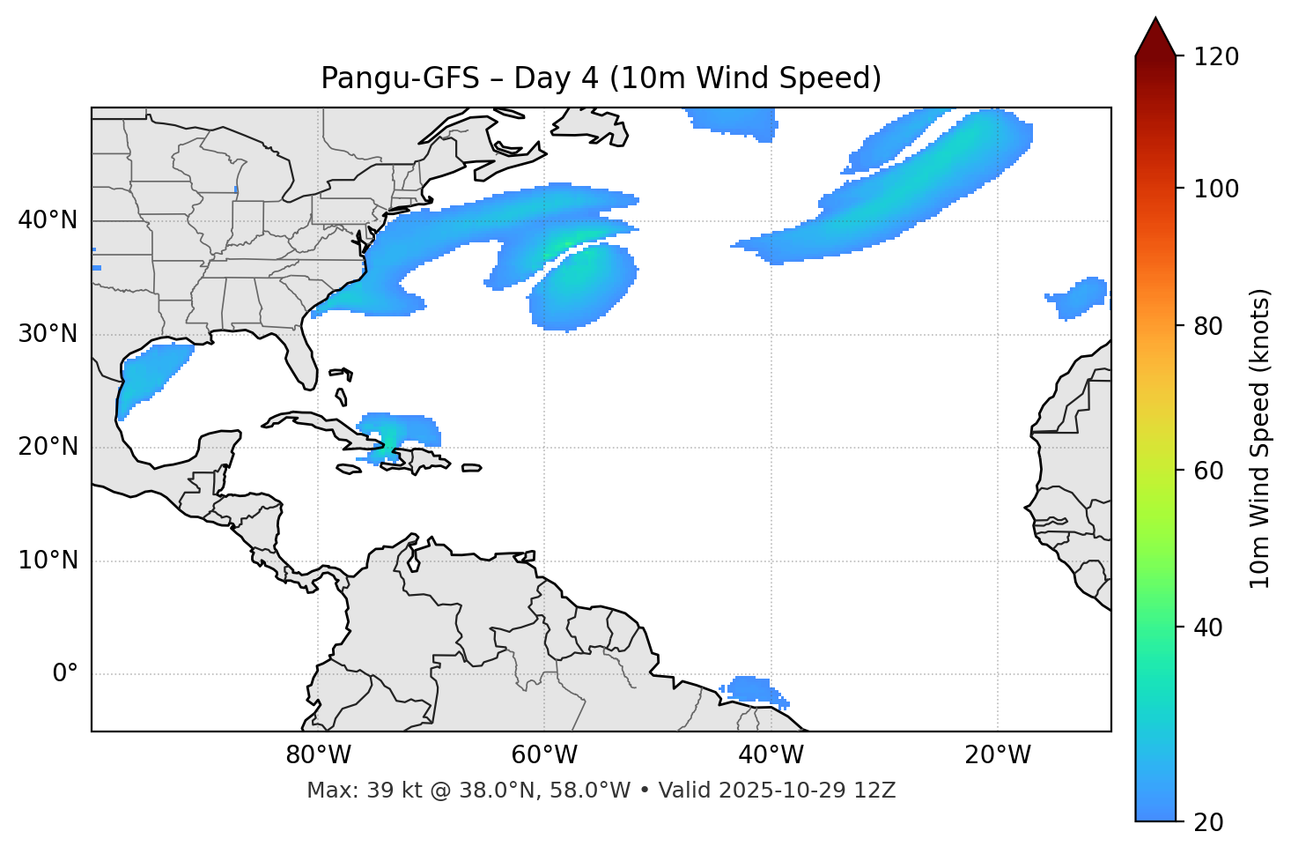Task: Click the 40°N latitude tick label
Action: click(48, 220)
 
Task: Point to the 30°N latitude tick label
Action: click(48, 334)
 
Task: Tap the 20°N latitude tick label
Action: click(48, 447)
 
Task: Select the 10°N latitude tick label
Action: click(48, 561)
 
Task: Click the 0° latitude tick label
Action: click(65, 674)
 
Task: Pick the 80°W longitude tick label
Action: click(318, 755)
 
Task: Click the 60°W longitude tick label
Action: click(544, 755)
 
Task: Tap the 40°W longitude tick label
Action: click(771, 755)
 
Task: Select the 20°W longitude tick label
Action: click(997, 755)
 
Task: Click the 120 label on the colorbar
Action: click(1215, 57)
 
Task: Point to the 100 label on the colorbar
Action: click(1215, 189)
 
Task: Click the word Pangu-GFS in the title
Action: click(400, 78)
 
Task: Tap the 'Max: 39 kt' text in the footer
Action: click(344, 791)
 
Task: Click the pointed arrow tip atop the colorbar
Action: click(1155, 21)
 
